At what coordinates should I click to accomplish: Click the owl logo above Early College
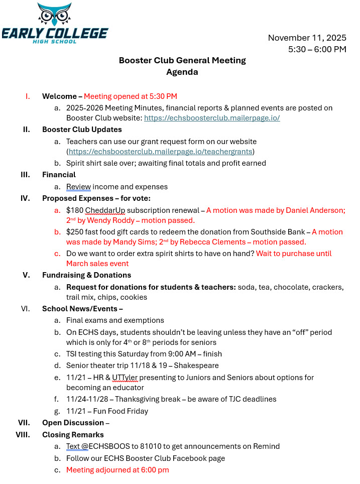[54, 15]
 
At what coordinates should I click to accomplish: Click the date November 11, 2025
[307, 38]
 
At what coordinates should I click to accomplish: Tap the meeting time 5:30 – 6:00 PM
[317, 49]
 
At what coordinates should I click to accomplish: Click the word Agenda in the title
[182, 72]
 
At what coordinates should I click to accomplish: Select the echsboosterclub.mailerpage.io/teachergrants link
[161, 152]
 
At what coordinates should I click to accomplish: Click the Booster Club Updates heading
[82, 130]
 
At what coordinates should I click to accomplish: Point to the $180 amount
[74, 210]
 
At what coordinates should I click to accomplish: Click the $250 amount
[74, 232]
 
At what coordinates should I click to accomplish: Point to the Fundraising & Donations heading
[86, 275]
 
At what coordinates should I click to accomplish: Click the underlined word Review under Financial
[78, 187]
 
